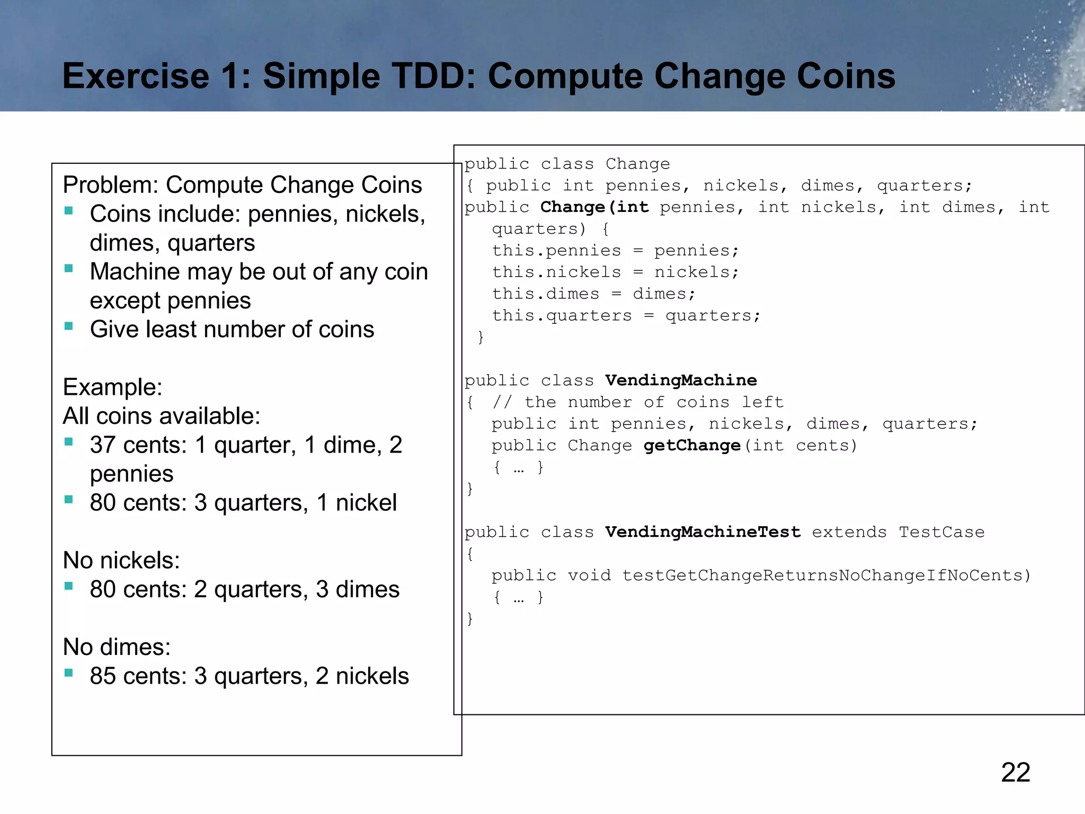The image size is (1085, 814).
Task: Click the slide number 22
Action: (1015, 772)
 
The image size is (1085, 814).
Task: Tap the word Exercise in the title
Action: (136, 76)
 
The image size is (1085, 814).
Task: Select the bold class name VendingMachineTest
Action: (702, 532)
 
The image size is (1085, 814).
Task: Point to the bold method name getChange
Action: (692, 445)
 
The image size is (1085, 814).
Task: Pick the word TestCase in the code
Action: (941, 532)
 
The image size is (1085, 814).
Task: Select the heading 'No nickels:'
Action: (121, 560)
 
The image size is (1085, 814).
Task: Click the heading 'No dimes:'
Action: (117, 647)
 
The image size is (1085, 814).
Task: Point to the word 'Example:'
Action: (112, 387)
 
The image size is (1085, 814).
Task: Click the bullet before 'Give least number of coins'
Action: (69, 326)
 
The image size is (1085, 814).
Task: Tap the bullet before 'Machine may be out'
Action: (69, 268)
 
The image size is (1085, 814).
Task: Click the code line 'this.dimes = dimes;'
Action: (593, 294)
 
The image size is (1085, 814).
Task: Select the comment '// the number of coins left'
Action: (638, 402)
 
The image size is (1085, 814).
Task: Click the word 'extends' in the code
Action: (849, 532)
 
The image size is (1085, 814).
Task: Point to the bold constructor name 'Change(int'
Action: (594, 207)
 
